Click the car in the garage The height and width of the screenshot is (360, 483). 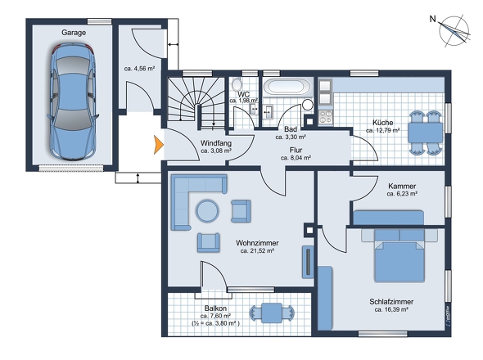[73, 102]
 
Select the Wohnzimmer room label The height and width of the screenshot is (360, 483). [256, 243]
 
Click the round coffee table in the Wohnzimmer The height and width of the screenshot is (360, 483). [206, 211]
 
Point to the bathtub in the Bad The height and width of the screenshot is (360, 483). [286, 87]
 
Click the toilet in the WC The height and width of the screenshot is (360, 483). [237, 84]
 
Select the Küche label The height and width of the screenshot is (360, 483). [381, 122]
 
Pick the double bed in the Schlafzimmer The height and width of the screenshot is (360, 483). [399, 254]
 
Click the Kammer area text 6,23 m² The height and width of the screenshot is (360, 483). [402, 195]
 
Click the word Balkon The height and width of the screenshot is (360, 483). [216, 308]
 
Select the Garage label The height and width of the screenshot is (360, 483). [74, 32]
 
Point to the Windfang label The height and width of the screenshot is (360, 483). [215, 143]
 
